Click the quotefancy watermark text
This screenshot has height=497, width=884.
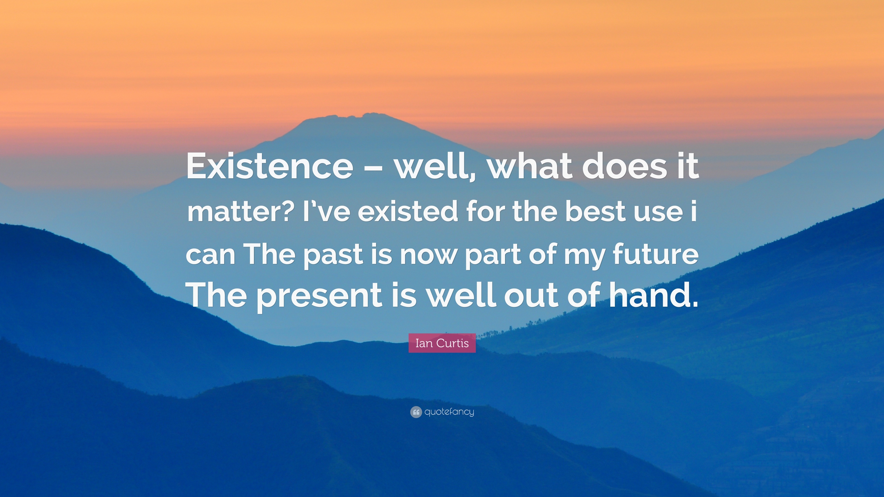[449, 412]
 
